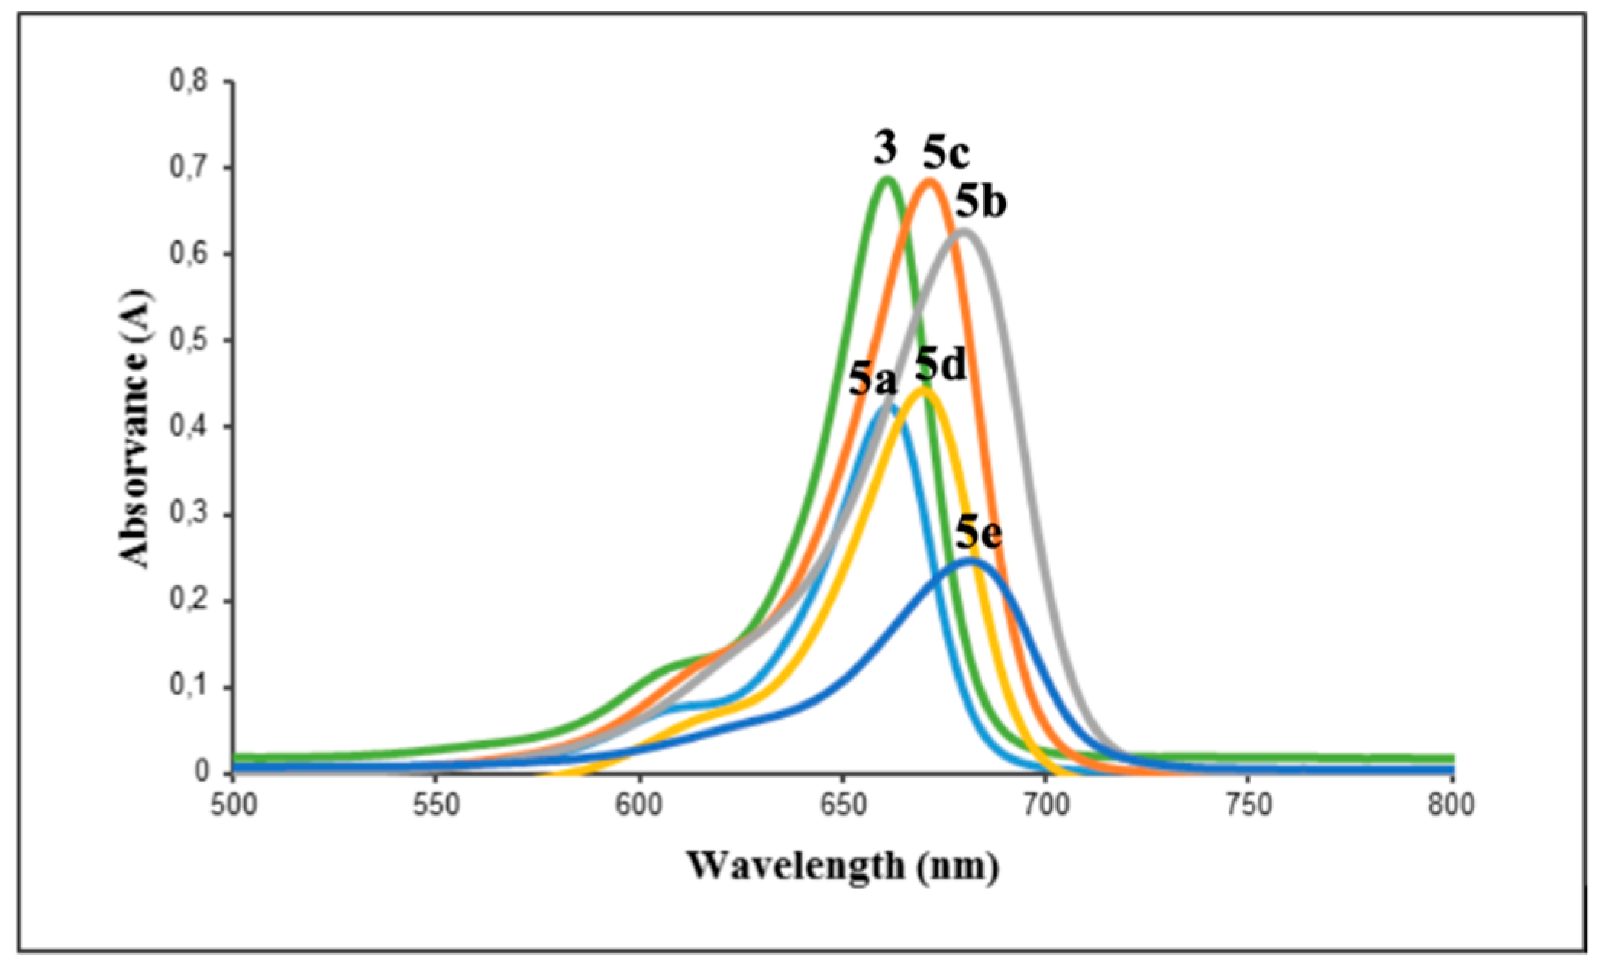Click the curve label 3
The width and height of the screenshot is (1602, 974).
tap(886, 148)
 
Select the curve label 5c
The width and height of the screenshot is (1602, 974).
tap(945, 153)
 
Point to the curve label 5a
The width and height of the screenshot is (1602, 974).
tap(873, 379)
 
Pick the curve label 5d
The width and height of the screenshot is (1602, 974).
tap(941, 364)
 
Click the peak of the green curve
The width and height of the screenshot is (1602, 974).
tap(887, 179)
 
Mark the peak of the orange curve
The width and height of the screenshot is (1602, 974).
tap(929, 181)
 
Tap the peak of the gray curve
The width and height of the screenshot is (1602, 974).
tap(964, 230)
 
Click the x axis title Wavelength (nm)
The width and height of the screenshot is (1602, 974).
tap(842, 866)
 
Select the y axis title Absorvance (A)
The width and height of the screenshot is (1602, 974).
tap(135, 427)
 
